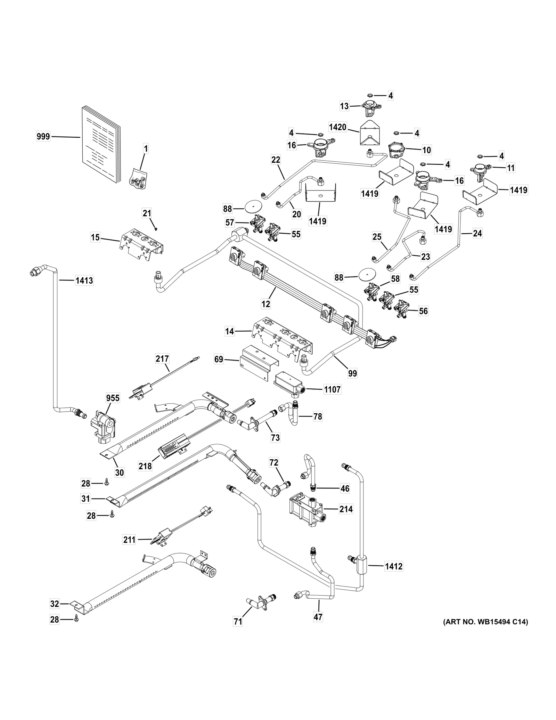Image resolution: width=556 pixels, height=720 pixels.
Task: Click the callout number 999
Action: pyautogui.click(x=43, y=137)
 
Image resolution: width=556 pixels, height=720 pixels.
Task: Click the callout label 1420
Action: pyautogui.click(x=337, y=127)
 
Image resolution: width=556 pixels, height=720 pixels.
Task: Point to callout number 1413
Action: pyautogui.click(x=84, y=280)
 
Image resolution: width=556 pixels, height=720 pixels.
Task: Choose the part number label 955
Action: pyautogui.click(x=113, y=398)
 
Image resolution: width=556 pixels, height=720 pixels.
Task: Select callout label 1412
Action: pyautogui.click(x=393, y=566)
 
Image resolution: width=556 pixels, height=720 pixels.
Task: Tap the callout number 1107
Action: pyautogui.click(x=332, y=389)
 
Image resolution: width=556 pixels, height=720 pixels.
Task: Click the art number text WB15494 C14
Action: pyautogui.click(x=485, y=622)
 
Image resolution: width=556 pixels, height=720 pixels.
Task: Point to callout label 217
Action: pyautogui.click(x=162, y=358)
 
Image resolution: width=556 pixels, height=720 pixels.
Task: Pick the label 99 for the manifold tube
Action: pyautogui.click(x=352, y=373)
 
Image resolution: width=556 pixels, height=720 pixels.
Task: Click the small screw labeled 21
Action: pyautogui.click(x=156, y=229)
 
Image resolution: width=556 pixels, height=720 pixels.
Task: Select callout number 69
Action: pyautogui.click(x=219, y=359)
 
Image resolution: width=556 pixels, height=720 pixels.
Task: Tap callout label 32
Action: pyautogui.click(x=55, y=604)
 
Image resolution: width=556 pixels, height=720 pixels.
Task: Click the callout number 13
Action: pyautogui.click(x=344, y=106)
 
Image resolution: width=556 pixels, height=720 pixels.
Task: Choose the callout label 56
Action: pyautogui.click(x=423, y=311)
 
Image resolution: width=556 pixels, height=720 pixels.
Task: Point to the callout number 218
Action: pyautogui.click(x=145, y=466)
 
